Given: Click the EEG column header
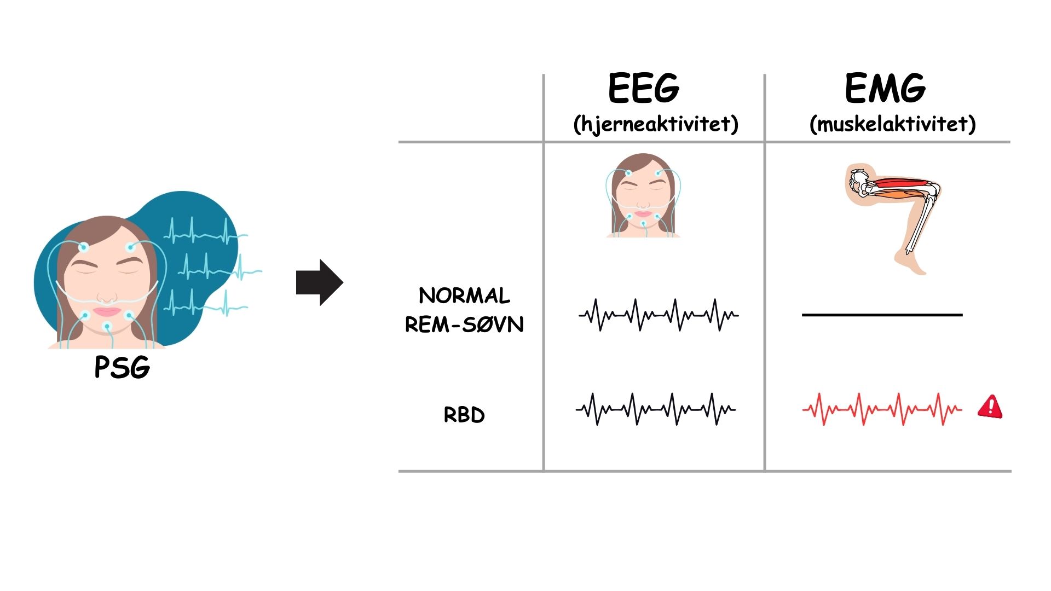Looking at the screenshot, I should [644, 88].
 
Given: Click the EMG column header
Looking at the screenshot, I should [885, 88].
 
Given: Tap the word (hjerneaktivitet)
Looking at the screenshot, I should [655, 124].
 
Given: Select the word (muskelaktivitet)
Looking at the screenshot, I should [892, 124].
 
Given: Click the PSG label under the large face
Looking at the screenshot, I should [122, 367].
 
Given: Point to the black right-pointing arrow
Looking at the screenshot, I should [319, 282].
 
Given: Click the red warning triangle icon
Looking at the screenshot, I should [990, 407].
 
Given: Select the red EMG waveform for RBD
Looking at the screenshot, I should [882, 409].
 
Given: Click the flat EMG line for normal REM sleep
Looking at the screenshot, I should [882, 315].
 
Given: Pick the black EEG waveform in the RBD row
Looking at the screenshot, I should [656, 409].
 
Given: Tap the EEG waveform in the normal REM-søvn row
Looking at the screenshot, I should [659, 315].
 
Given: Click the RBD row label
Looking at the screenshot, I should [464, 415].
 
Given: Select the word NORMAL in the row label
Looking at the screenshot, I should [464, 296].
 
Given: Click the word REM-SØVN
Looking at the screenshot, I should [464, 325].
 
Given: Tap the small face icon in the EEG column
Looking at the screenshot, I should [643, 196].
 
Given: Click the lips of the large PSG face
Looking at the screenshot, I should [107, 311].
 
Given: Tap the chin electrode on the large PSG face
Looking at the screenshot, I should [108, 327].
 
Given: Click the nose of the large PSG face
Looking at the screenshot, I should [107, 296].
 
